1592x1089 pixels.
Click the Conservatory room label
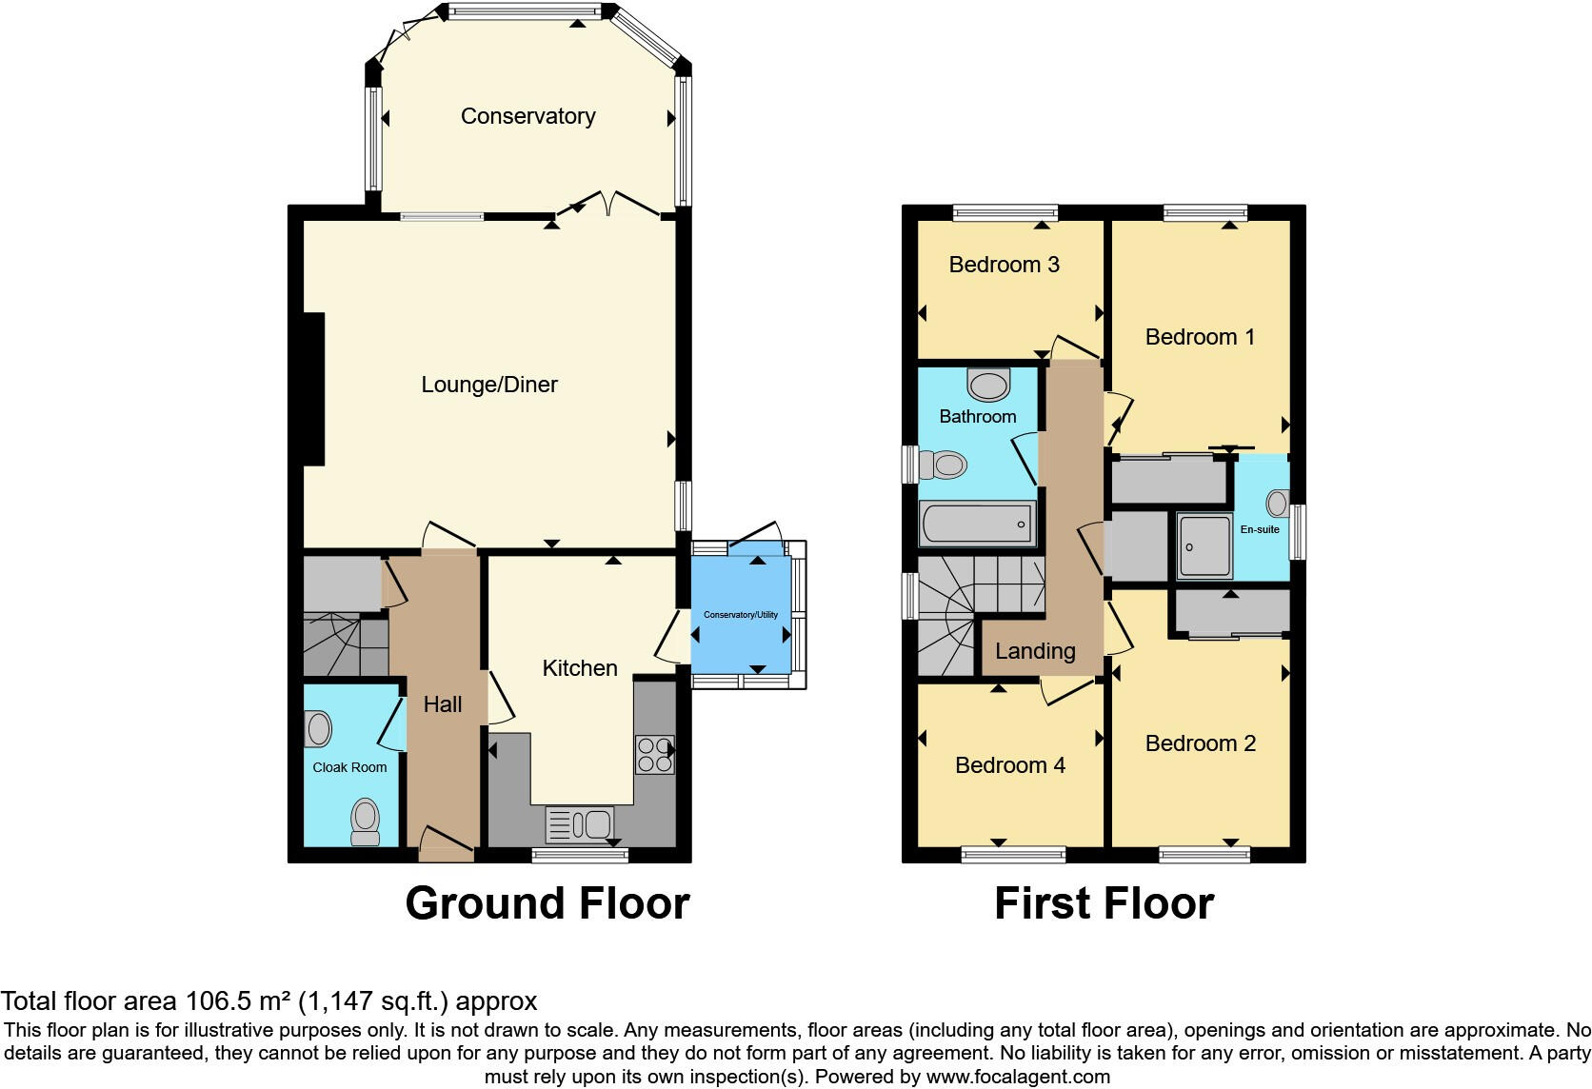[528, 116]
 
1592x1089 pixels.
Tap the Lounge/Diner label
[489, 385]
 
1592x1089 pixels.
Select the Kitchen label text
[579, 667]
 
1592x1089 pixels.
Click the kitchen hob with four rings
[654, 755]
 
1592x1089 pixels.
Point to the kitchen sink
[579, 824]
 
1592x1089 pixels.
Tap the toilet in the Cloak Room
[366, 822]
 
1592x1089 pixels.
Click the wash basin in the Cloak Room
[318, 729]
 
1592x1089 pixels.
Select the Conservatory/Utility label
[741, 615]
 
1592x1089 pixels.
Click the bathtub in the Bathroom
[977, 525]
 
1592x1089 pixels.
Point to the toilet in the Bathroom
[943, 465]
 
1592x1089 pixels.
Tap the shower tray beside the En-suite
[1204, 545]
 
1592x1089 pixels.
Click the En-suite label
[1260, 529]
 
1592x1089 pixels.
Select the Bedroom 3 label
[1005, 265]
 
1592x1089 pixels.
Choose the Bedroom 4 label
[1010, 765]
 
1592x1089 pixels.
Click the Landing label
[1035, 651]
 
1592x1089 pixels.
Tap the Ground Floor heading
[547, 902]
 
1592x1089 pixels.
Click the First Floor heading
[1104, 902]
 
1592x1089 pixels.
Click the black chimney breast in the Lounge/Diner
[315, 389]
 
